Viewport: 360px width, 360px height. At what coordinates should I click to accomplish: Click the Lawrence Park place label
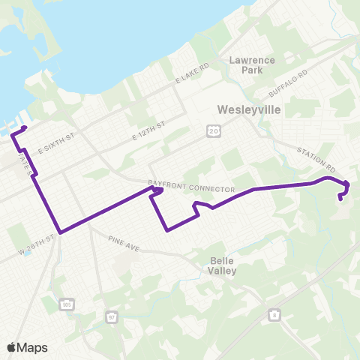click(x=253, y=64)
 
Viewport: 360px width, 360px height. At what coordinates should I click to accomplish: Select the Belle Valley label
click(x=224, y=265)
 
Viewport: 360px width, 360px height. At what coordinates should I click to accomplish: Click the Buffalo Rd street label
click(x=288, y=84)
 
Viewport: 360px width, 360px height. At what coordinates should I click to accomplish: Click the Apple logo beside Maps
click(x=11, y=347)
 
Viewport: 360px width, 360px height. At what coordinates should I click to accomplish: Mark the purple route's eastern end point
click(x=341, y=199)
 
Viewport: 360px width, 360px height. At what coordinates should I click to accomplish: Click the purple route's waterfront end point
click(x=25, y=128)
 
